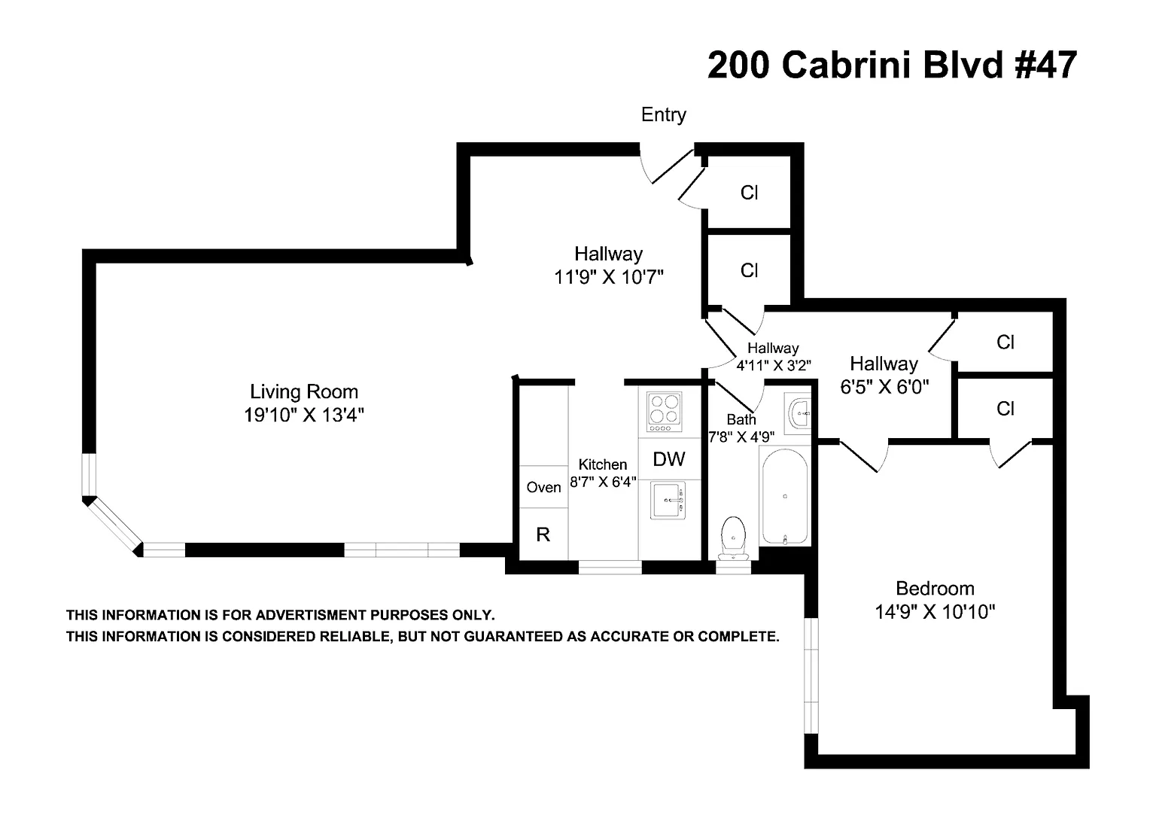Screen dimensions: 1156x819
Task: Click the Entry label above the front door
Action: click(x=663, y=114)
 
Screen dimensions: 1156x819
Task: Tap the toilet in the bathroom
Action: click(x=732, y=537)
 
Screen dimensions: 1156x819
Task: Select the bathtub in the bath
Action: click(x=785, y=495)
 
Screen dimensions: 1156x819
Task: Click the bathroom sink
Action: click(x=799, y=413)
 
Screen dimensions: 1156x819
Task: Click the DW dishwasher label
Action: click(x=668, y=459)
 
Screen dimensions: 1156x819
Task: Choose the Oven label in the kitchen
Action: click(x=543, y=487)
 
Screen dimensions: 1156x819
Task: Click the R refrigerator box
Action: click(x=543, y=534)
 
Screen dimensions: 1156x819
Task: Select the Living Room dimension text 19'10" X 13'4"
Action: click(x=304, y=415)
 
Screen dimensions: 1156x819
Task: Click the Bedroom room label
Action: click(x=935, y=588)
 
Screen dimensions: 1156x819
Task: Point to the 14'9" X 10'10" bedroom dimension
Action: click(x=935, y=612)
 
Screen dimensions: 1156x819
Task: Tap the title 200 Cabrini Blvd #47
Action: click(x=892, y=65)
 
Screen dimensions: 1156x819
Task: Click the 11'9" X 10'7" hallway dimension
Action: click(x=608, y=277)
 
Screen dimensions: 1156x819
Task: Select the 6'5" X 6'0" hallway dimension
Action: click(x=884, y=387)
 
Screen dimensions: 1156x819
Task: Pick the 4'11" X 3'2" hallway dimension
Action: click(x=773, y=366)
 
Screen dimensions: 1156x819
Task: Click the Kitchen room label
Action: click(x=602, y=464)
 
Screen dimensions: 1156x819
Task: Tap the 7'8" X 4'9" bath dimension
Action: click(x=741, y=436)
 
